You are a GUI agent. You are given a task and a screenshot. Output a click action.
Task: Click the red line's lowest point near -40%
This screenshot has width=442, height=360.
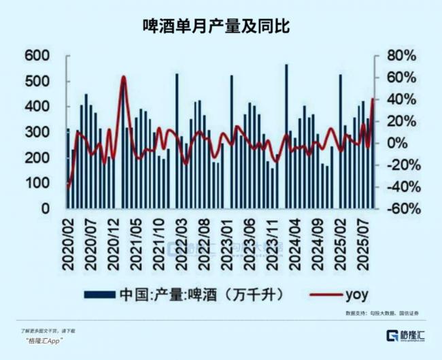[69, 186]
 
